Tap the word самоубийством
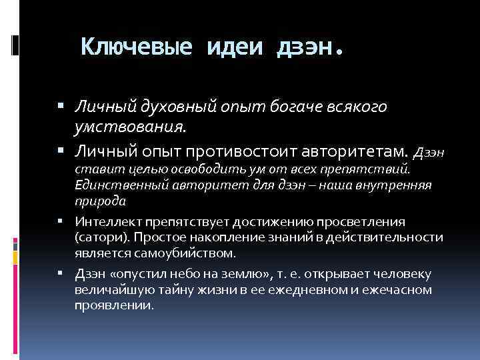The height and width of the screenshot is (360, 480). coord(189,253)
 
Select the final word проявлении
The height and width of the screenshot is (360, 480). coord(114,306)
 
